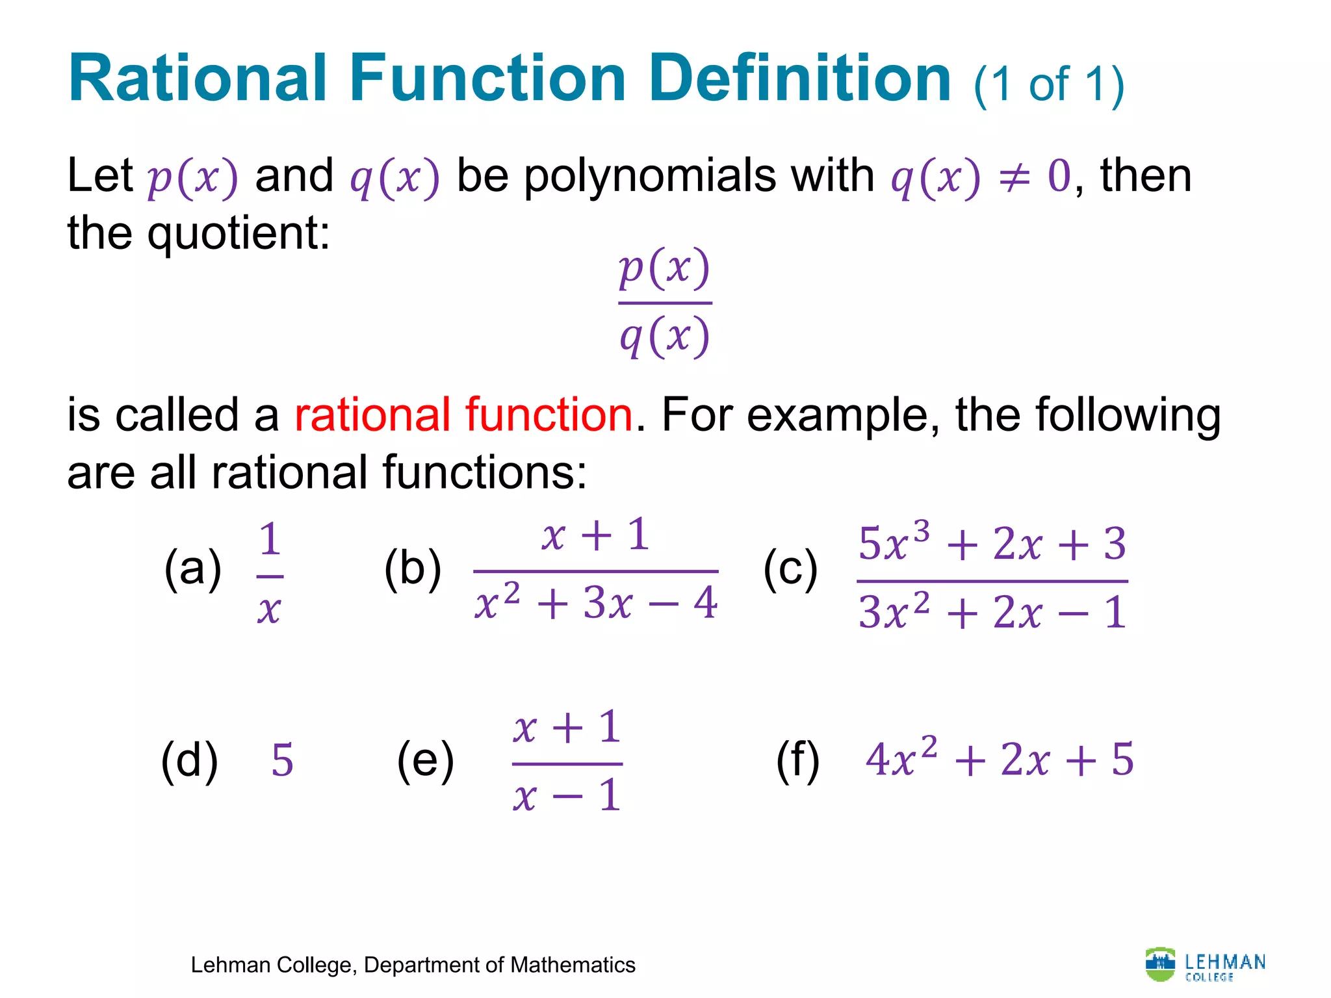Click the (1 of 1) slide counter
coord(1049,84)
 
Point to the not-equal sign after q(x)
coord(1014,177)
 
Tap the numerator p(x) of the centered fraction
coord(664,268)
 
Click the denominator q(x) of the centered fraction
coord(664,337)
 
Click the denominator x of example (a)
coord(269,609)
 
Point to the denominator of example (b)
coord(595,603)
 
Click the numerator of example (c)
coord(992,543)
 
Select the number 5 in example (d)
coord(282,760)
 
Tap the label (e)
coord(425,760)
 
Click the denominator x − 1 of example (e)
coord(567,795)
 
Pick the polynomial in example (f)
coord(1000,759)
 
